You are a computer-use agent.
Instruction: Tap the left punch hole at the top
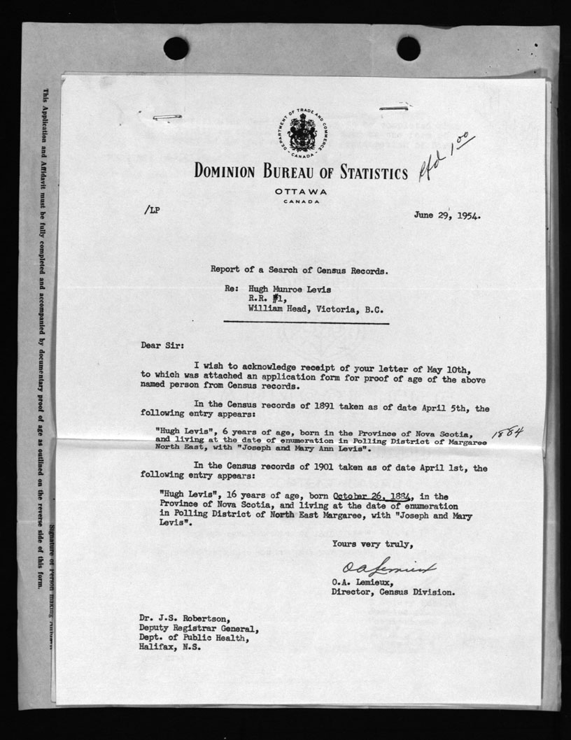[176, 48]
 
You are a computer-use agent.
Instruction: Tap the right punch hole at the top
[408, 48]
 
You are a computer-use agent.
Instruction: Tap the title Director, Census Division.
[393, 591]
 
